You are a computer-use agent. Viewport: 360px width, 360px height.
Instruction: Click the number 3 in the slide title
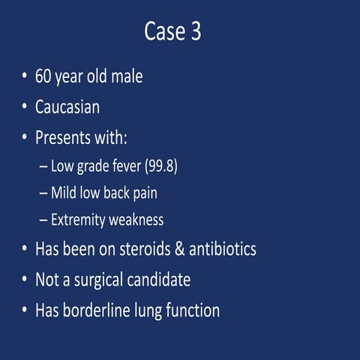click(195, 33)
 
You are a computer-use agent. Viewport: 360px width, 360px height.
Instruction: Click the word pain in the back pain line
click(144, 193)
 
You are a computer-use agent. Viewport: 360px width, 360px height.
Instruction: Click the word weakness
click(137, 220)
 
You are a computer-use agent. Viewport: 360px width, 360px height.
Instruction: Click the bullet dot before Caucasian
click(25, 107)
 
